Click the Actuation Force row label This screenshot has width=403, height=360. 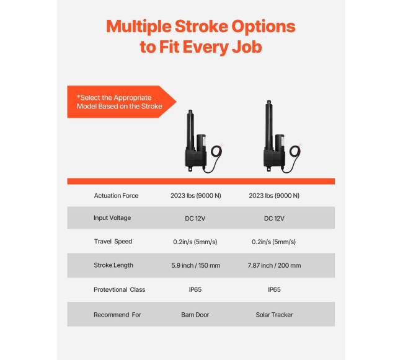coord(116,196)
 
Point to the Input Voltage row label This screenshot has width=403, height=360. coord(112,218)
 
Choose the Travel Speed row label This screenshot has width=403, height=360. coord(113,242)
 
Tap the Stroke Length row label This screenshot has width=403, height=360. coord(113,265)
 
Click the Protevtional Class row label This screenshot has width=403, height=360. coord(119,289)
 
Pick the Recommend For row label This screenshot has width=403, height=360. coord(117,315)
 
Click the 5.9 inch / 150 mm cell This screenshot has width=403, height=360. coord(196,265)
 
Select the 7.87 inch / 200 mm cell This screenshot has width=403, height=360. coord(274,265)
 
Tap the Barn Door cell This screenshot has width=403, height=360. coord(196,315)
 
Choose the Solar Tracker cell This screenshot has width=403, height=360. coord(274,315)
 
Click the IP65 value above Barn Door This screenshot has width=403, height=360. coord(196,289)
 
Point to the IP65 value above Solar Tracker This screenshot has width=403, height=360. coord(274,289)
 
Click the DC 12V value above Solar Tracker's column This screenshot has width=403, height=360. coord(274,218)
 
